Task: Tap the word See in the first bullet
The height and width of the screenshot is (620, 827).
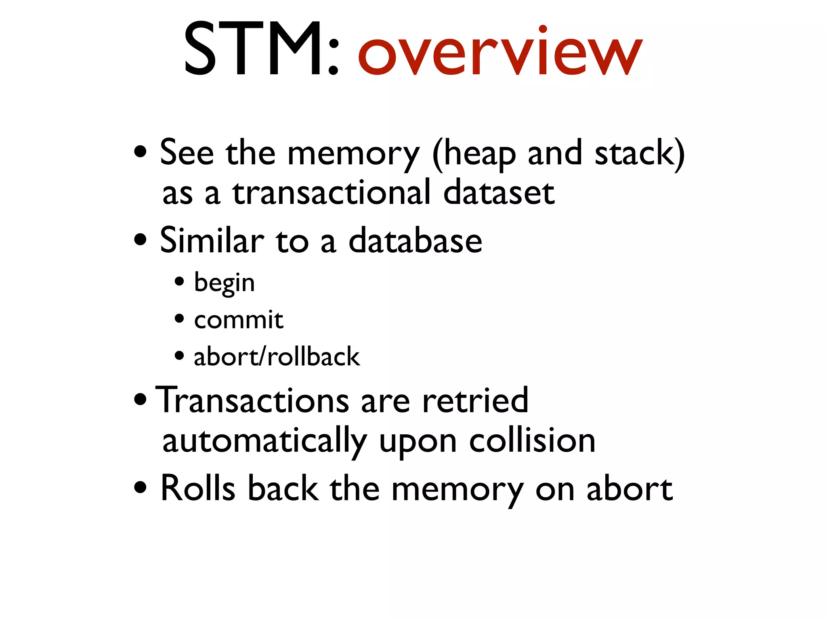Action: (187, 153)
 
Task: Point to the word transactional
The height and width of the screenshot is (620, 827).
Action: (331, 193)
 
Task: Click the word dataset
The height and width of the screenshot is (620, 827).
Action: (499, 193)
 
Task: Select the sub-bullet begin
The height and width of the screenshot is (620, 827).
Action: (224, 283)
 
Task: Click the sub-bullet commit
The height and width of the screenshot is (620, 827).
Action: (238, 320)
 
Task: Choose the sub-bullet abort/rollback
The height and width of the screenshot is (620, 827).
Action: (277, 357)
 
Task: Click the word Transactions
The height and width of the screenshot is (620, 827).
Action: (252, 400)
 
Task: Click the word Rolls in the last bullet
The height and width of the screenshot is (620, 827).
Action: (197, 488)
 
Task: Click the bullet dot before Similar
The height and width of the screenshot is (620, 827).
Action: (140, 240)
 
